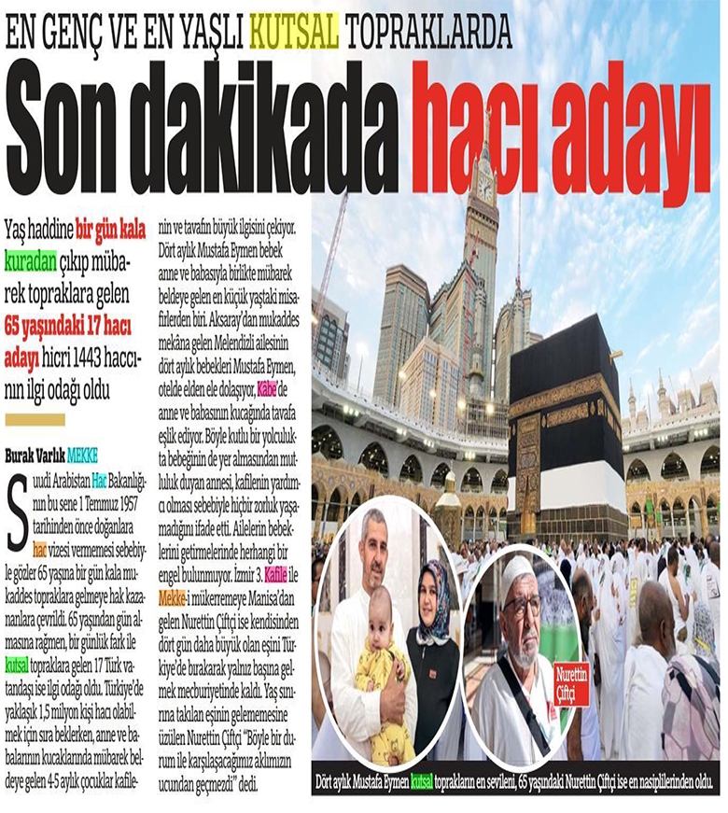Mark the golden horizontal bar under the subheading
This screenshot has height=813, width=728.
pos(35,417)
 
